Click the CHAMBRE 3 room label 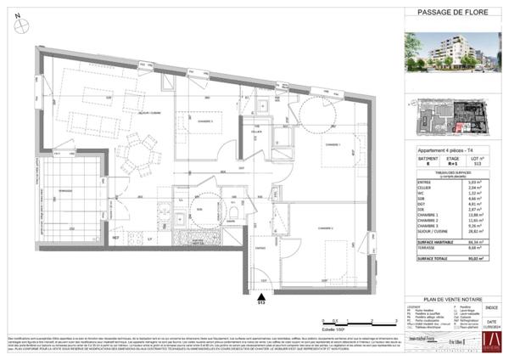point(200,121)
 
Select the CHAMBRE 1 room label point(333,145)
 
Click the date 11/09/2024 point(493,323)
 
